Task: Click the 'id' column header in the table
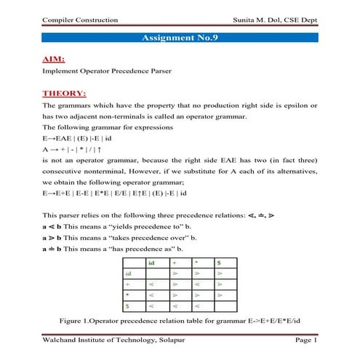[151, 262]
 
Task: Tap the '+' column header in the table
[174, 262]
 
